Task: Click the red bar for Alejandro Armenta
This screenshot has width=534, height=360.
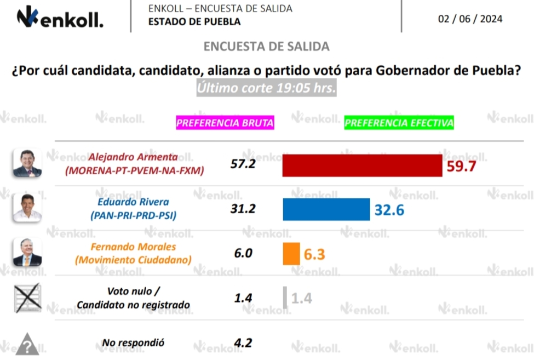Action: pyautogui.click(x=362, y=165)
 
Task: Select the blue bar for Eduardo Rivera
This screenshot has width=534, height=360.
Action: pyautogui.click(x=326, y=209)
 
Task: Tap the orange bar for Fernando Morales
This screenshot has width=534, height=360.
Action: pyautogui.click(x=291, y=254)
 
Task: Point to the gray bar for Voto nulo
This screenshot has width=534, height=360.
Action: pyautogui.click(x=285, y=298)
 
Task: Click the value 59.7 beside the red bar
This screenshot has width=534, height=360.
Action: pyautogui.click(x=461, y=166)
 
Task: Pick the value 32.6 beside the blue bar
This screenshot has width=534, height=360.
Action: pyautogui.click(x=389, y=209)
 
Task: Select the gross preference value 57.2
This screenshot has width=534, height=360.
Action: pyautogui.click(x=243, y=164)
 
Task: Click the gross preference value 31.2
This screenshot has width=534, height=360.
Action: pyautogui.click(x=243, y=208)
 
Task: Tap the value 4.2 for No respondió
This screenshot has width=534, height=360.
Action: pyautogui.click(x=243, y=343)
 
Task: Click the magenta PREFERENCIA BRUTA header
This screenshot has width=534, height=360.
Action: pyautogui.click(x=225, y=123)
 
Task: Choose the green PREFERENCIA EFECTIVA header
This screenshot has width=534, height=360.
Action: pyautogui.click(x=399, y=123)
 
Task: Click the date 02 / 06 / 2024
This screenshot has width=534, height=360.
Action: pyautogui.click(x=470, y=19)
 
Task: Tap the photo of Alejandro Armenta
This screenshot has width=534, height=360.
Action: pyautogui.click(x=27, y=163)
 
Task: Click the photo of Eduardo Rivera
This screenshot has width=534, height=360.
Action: pyautogui.click(x=27, y=208)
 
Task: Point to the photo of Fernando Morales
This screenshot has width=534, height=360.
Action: pyautogui.click(x=27, y=252)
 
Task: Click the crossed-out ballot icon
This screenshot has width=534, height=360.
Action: pyautogui.click(x=27, y=298)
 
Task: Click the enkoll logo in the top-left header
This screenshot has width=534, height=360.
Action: pyautogui.click(x=60, y=19)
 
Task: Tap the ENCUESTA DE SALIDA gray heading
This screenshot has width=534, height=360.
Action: pyautogui.click(x=266, y=47)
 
